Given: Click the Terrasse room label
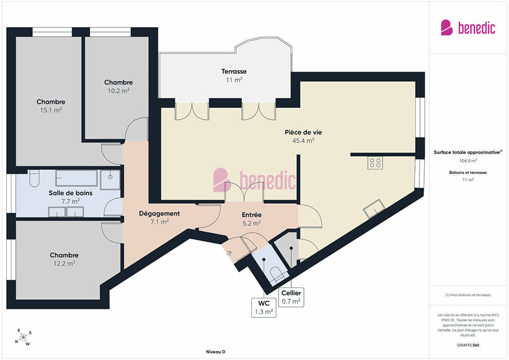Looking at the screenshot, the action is tap(234, 71).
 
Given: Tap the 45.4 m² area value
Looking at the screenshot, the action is tap(303, 140).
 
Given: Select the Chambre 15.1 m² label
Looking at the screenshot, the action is tap(50, 102).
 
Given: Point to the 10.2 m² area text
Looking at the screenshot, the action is tap(118, 91).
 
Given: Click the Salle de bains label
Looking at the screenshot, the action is tap(70, 193).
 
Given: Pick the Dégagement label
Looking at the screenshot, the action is tap(159, 213).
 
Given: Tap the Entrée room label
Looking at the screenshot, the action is tap(251, 215).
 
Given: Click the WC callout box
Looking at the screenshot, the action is tap(264, 308).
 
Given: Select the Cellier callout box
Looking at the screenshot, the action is tap(291, 297).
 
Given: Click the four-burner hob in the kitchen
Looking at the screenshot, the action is tap(375, 163).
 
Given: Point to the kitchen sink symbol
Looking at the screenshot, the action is tap(374, 208).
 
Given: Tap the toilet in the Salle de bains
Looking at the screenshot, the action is tap(34, 178).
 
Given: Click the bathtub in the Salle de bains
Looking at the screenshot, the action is tap(76, 178).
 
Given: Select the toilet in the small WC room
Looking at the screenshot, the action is tap(278, 274).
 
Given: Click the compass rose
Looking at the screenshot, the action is tap(23, 337).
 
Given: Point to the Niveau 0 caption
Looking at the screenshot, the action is tap(215, 352).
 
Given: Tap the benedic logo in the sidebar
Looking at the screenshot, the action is tap(468, 28).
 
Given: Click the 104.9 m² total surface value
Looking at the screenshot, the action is tap(468, 160).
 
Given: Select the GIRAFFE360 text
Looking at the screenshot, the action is tap(468, 345).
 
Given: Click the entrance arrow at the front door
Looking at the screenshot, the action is tap(228, 253).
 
